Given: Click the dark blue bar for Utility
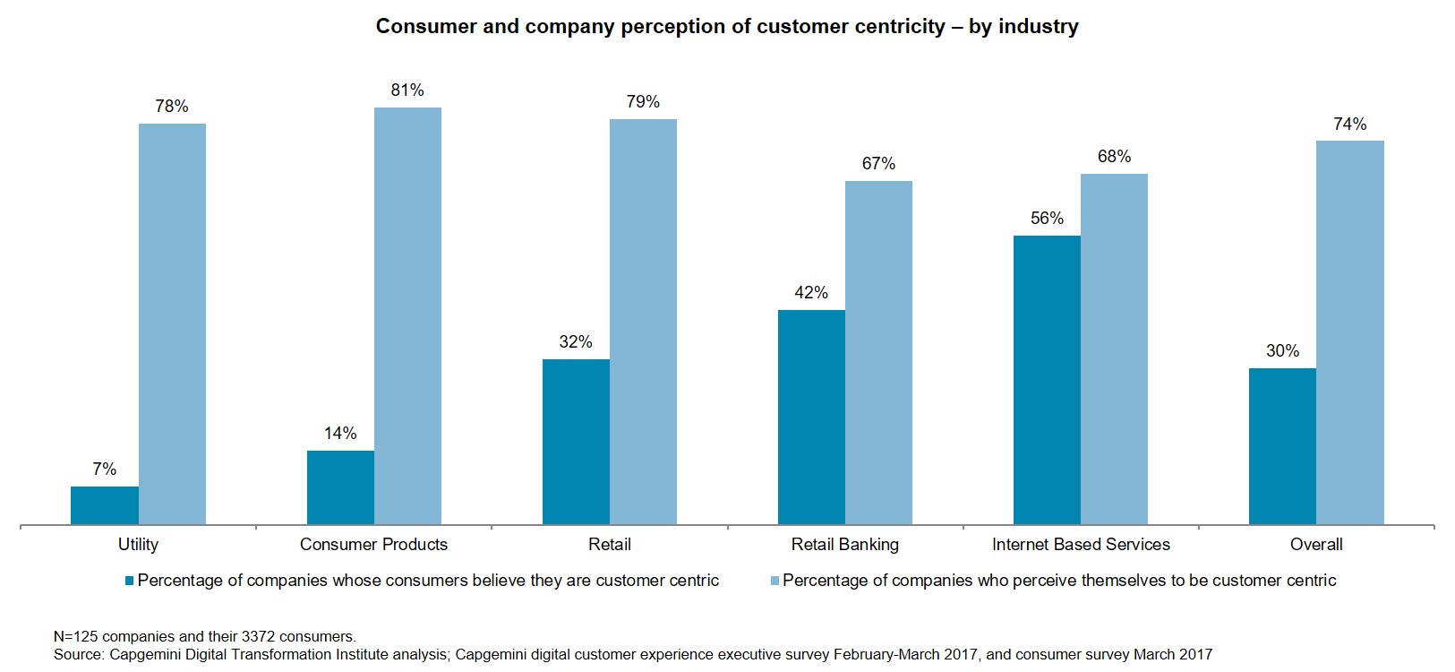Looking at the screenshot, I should pyautogui.click(x=105, y=505).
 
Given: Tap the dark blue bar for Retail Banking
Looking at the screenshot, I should pyautogui.click(x=811, y=417).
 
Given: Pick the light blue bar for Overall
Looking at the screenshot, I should pyautogui.click(x=1349, y=332).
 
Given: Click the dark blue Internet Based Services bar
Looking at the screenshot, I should pyautogui.click(x=1047, y=380).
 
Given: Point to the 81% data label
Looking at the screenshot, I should pyautogui.click(x=407, y=90).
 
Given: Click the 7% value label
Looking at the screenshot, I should pyautogui.click(x=105, y=469).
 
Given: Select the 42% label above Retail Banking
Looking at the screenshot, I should pyautogui.click(x=811, y=292).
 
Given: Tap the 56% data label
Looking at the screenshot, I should pyautogui.click(x=1047, y=218).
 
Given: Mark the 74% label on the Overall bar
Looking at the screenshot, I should pyautogui.click(x=1349, y=124).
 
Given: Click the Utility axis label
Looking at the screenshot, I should pyautogui.click(x=138, y=544).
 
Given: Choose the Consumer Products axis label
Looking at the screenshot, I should pyautogui.click(x=373, y=544).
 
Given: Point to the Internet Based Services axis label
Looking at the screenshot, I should pyautogui.click(x=1081, y=544).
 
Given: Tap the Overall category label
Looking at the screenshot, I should pyautogui.click(x=1316, y=544).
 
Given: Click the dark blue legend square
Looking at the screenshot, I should pyautogui.click(x=131, y=581).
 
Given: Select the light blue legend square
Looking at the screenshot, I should pyautogui.click(x=775, y=581).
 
